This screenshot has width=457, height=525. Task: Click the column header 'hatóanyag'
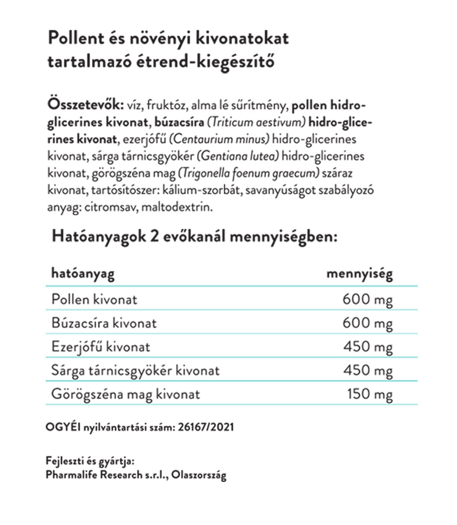tap(83, 274)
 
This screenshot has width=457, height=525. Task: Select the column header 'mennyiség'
tap(360, 274)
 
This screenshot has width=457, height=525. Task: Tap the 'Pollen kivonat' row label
tap(94, 299)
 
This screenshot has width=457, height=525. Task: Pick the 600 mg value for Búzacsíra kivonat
tap(367, 323)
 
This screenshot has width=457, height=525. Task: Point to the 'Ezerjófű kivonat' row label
tap(101, 347)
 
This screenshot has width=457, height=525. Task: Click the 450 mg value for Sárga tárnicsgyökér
tap(367, 371)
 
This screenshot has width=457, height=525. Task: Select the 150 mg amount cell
tap(370, 394)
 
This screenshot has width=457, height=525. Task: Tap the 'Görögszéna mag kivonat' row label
tap(126, 394)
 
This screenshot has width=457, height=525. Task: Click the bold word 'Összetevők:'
tap(86, 104)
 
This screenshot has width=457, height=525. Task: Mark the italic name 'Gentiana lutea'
tap(248, 157)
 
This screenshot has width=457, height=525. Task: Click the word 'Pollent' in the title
tap(75, 39)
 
